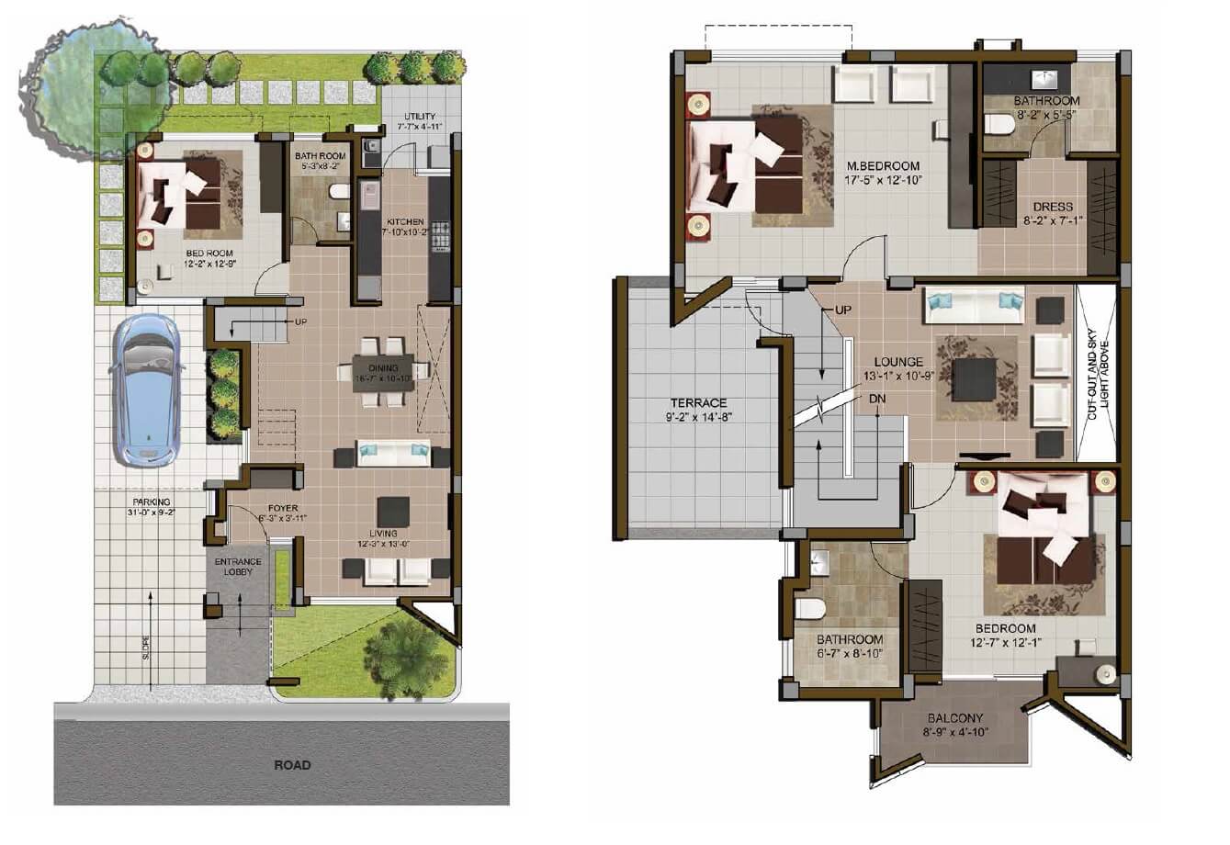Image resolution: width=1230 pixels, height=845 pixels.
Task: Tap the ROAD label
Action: (x=292, y=764)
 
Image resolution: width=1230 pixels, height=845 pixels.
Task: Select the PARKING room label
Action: (x=150, y=501)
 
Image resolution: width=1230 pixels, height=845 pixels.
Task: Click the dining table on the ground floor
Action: (x=383, y=372)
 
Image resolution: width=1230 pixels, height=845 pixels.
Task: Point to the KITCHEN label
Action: (x=405, y=222)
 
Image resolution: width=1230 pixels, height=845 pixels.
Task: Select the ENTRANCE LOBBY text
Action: (x=238, y=567)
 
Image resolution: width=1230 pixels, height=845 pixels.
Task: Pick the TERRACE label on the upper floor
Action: (x=698, y=402)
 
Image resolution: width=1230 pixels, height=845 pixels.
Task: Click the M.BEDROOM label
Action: (x=882, y=165)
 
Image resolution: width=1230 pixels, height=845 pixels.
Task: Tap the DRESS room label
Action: (x=1052, y=207)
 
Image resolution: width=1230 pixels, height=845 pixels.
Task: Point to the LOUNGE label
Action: (x=898, y=362)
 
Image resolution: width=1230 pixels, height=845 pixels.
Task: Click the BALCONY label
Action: (x=955, y=718)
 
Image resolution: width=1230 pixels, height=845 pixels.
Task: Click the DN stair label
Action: (x=877, y=399)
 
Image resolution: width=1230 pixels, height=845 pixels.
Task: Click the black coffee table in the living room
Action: (x=393, y=511)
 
